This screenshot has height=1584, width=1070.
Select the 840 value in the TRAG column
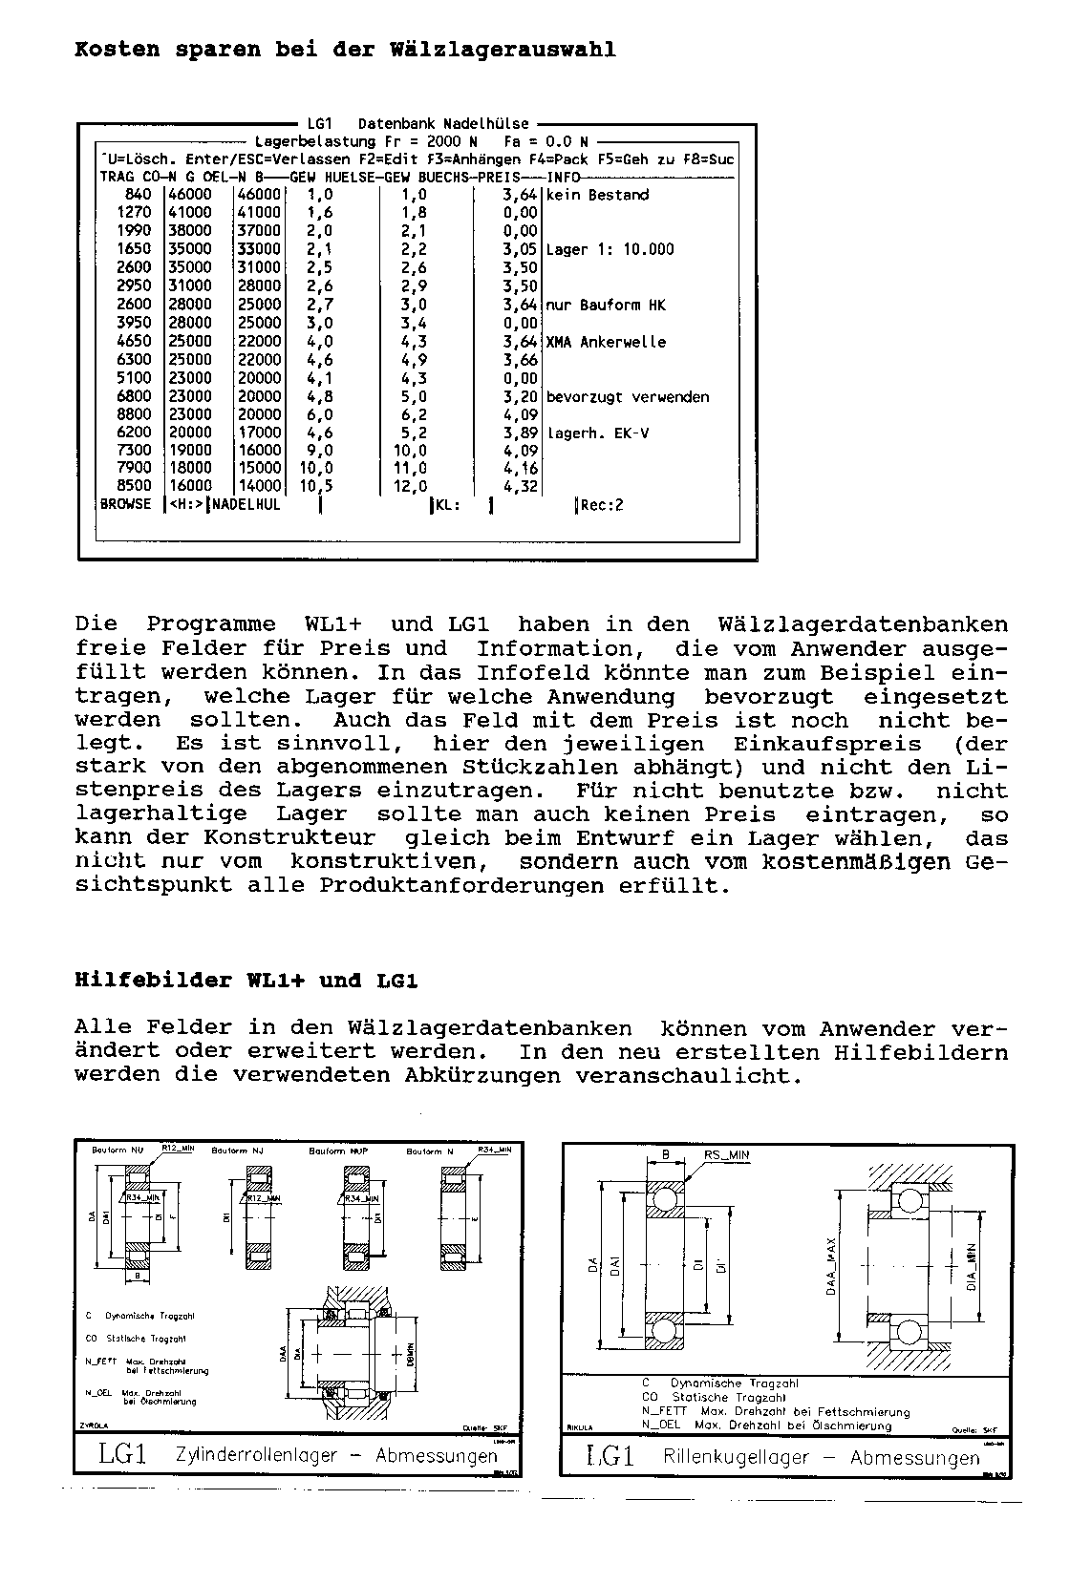pos(139,195)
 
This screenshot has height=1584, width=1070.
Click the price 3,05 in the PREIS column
pos(523,249)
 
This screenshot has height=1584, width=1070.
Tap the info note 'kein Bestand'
pos(597,195)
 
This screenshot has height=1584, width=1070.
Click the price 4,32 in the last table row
pos(523,486)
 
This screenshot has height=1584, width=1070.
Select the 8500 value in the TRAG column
pos(135,486)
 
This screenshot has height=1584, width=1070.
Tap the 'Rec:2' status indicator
pos(602,505)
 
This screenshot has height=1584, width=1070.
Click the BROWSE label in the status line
pos(126,504)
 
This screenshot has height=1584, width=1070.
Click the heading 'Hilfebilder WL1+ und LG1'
pos(246,981)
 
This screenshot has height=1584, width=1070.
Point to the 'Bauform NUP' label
pos(339,1151)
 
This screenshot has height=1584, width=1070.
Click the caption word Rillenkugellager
pos(736,1458)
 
